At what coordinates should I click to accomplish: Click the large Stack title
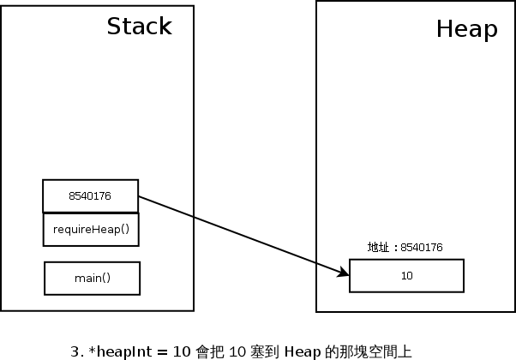(x=139, y=27)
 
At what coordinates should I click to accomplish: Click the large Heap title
(x=466, y=29)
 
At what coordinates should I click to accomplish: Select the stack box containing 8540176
(x=90, y=195)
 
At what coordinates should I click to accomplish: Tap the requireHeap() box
(x=91, y=230)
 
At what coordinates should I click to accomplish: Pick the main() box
(x=92, y=279)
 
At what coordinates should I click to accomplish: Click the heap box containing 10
(x=406, y=276)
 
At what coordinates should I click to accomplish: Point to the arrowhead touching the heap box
(x=345, y=273)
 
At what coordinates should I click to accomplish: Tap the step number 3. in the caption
(x=77, y=351)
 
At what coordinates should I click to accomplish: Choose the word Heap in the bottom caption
(x=303, y=351)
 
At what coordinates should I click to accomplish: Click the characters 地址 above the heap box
(x=378, y=248)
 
